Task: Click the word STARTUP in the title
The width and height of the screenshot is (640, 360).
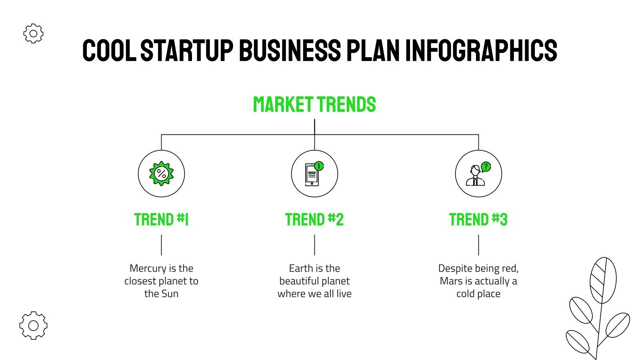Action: (187, 50)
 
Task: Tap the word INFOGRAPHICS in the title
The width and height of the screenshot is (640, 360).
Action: (481, 50)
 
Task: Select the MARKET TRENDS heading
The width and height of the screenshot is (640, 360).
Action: (314, 105)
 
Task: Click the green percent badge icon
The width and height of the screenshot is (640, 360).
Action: (161, 174)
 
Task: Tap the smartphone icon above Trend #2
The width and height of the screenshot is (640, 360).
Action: (312, 174)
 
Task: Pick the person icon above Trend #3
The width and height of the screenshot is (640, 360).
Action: (475, 176)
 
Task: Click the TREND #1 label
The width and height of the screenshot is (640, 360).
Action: (161, 220)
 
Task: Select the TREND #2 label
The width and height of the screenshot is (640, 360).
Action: (314, 220)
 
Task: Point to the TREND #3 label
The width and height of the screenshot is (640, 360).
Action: (478, 220)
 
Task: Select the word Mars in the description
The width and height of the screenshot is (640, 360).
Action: (451, 281)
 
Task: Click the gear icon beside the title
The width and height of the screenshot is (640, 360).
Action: (33, 34)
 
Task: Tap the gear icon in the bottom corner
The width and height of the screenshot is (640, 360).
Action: (33, 325)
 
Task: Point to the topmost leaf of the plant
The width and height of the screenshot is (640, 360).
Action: (603, 280)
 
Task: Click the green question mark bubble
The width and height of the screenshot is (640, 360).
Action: (486, 166)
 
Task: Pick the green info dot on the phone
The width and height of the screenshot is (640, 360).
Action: (319, 166)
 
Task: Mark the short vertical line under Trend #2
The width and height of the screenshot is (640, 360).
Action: (314, 245)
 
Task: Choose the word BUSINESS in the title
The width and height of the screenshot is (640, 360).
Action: (290, 50)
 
